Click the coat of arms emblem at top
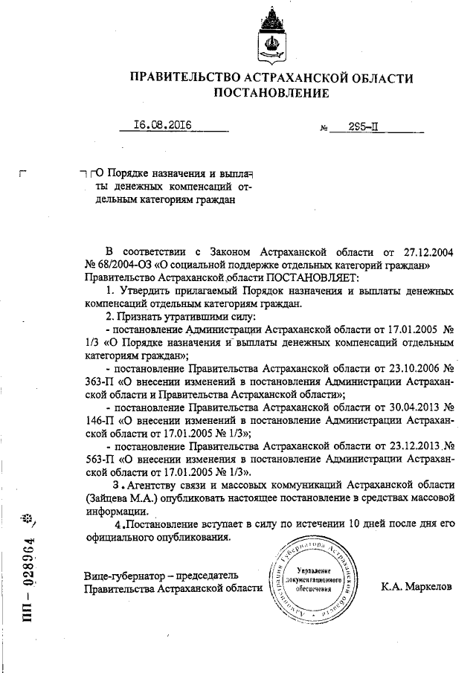click(x=271, y=37)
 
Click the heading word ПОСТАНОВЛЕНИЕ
click(x=271, y=93)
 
